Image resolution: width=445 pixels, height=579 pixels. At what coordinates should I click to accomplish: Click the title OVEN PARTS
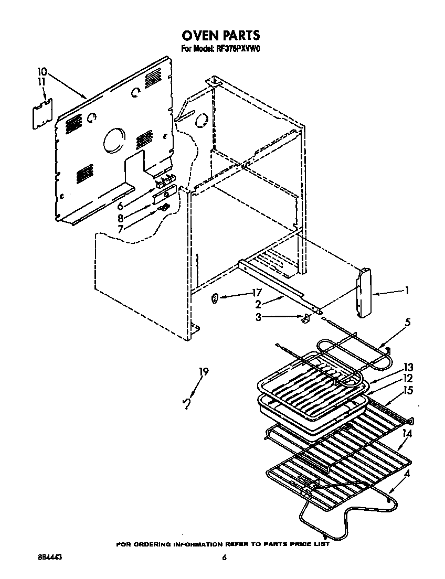pos(221,36)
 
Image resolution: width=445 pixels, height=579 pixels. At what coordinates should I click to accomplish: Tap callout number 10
pos(43,71)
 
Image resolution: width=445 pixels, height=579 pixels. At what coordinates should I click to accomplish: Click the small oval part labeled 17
pos(215,299)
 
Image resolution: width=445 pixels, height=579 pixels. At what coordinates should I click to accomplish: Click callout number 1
pos(406,290)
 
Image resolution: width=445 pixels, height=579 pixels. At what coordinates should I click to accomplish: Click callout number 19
pos(203,372)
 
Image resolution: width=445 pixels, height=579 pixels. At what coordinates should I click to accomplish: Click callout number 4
pos(407,474)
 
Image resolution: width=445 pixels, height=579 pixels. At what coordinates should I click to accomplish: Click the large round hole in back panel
pos(112,141)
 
